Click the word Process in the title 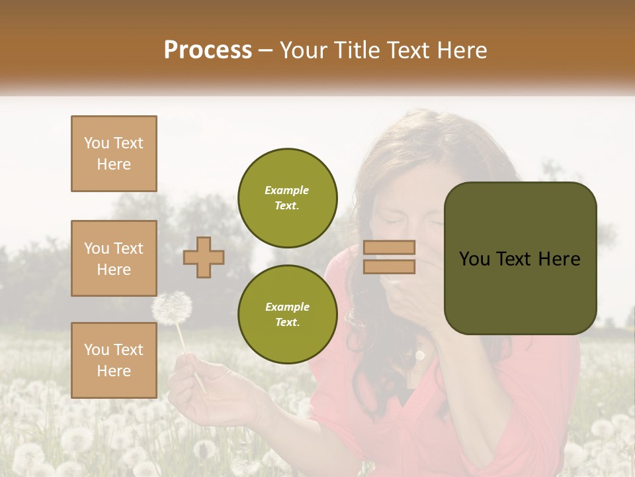point(208,50)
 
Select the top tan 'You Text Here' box point(114,154)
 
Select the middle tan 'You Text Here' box point(114,258)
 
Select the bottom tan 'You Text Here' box point(114,360)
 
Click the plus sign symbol point(204,257)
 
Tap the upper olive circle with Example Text point(287,197)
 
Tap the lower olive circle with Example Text point(287,314)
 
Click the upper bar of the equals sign point(389,248)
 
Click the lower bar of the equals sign point(389,266)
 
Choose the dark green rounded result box point(520,258)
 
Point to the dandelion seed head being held point(172,308)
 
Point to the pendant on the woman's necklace point(419,356)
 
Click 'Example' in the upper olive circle point(287,190)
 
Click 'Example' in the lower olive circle point(287,307)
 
